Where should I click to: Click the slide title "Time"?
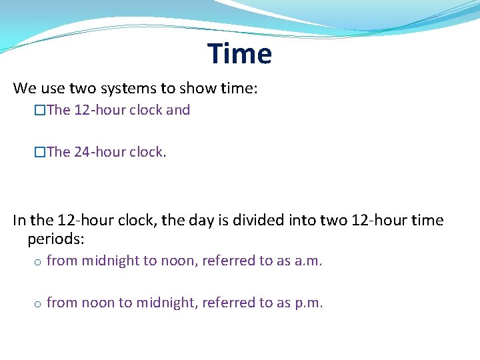[239, 53]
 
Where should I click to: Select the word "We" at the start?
[25, 88]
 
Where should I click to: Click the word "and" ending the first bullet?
[178, 110]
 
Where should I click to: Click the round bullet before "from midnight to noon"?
[37, 262]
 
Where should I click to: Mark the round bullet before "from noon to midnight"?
[37, 304]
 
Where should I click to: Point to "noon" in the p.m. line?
[98, 303]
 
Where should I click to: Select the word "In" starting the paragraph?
[19, 220]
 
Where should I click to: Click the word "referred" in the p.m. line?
[229, 303]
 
